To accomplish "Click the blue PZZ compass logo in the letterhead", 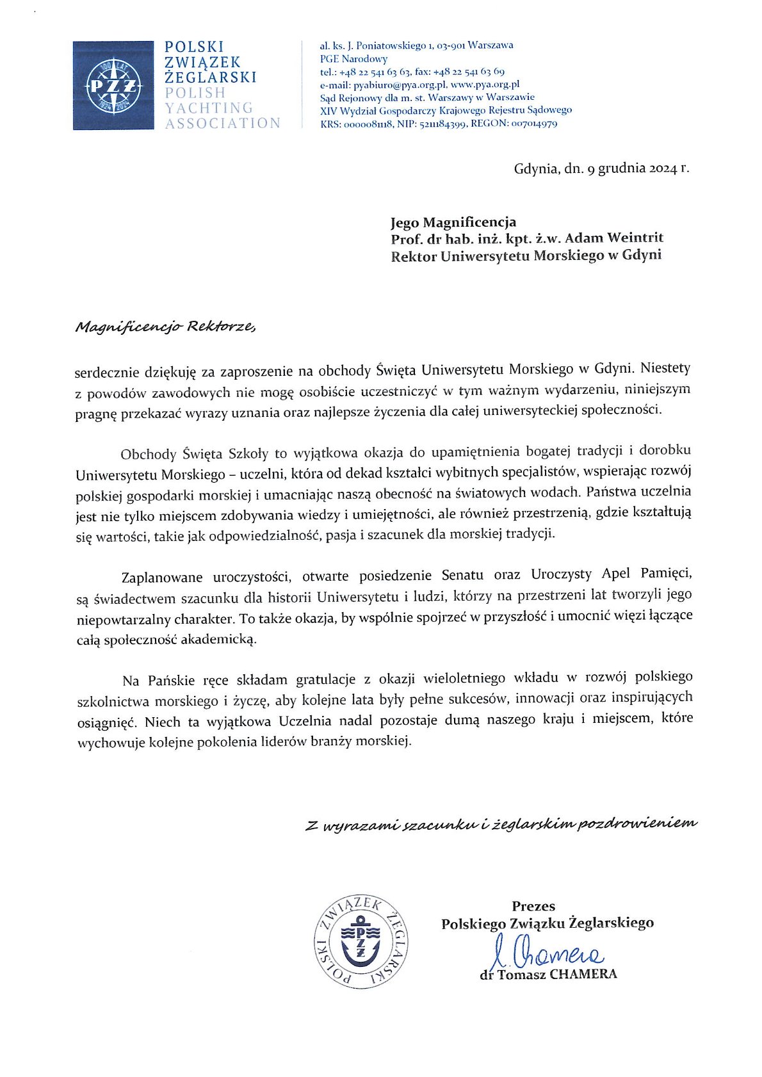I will (x=113, y=86).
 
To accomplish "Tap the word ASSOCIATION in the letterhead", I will (x=222, y=123).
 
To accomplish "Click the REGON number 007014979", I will (x=535, y=124).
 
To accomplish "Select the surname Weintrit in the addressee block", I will (x=631, y=238).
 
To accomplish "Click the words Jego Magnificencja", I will (x=453, y=222).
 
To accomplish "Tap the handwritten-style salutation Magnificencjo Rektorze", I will (x=165, y=327).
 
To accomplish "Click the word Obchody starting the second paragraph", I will (x=148, y=455).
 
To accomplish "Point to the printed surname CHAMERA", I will (x=583, y=975).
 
